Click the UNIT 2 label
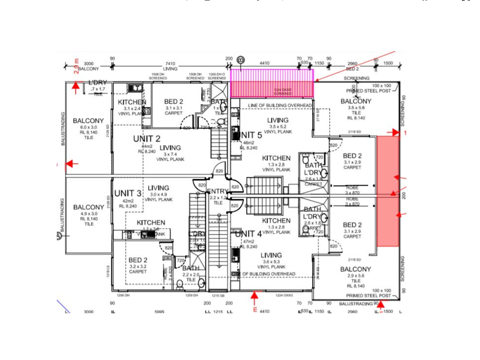[x=146, y=139]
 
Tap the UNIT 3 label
[x=128, y=194]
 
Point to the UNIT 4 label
[x=248, y=234]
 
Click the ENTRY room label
[x=218, y=192]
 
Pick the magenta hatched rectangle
[x=272, y=83]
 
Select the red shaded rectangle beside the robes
[x=388, y=191]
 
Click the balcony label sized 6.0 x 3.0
[x=88, y=120]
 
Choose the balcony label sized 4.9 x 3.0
[x=88, y=207]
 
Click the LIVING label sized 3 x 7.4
[x=170, y=148]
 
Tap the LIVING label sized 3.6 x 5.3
[x=271, y=255]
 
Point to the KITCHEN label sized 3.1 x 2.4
[x=132, y=102]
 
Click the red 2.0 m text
[x=76, y=66]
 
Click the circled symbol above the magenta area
[x=240, y=60]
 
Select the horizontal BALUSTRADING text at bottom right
[x=355, y=304]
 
